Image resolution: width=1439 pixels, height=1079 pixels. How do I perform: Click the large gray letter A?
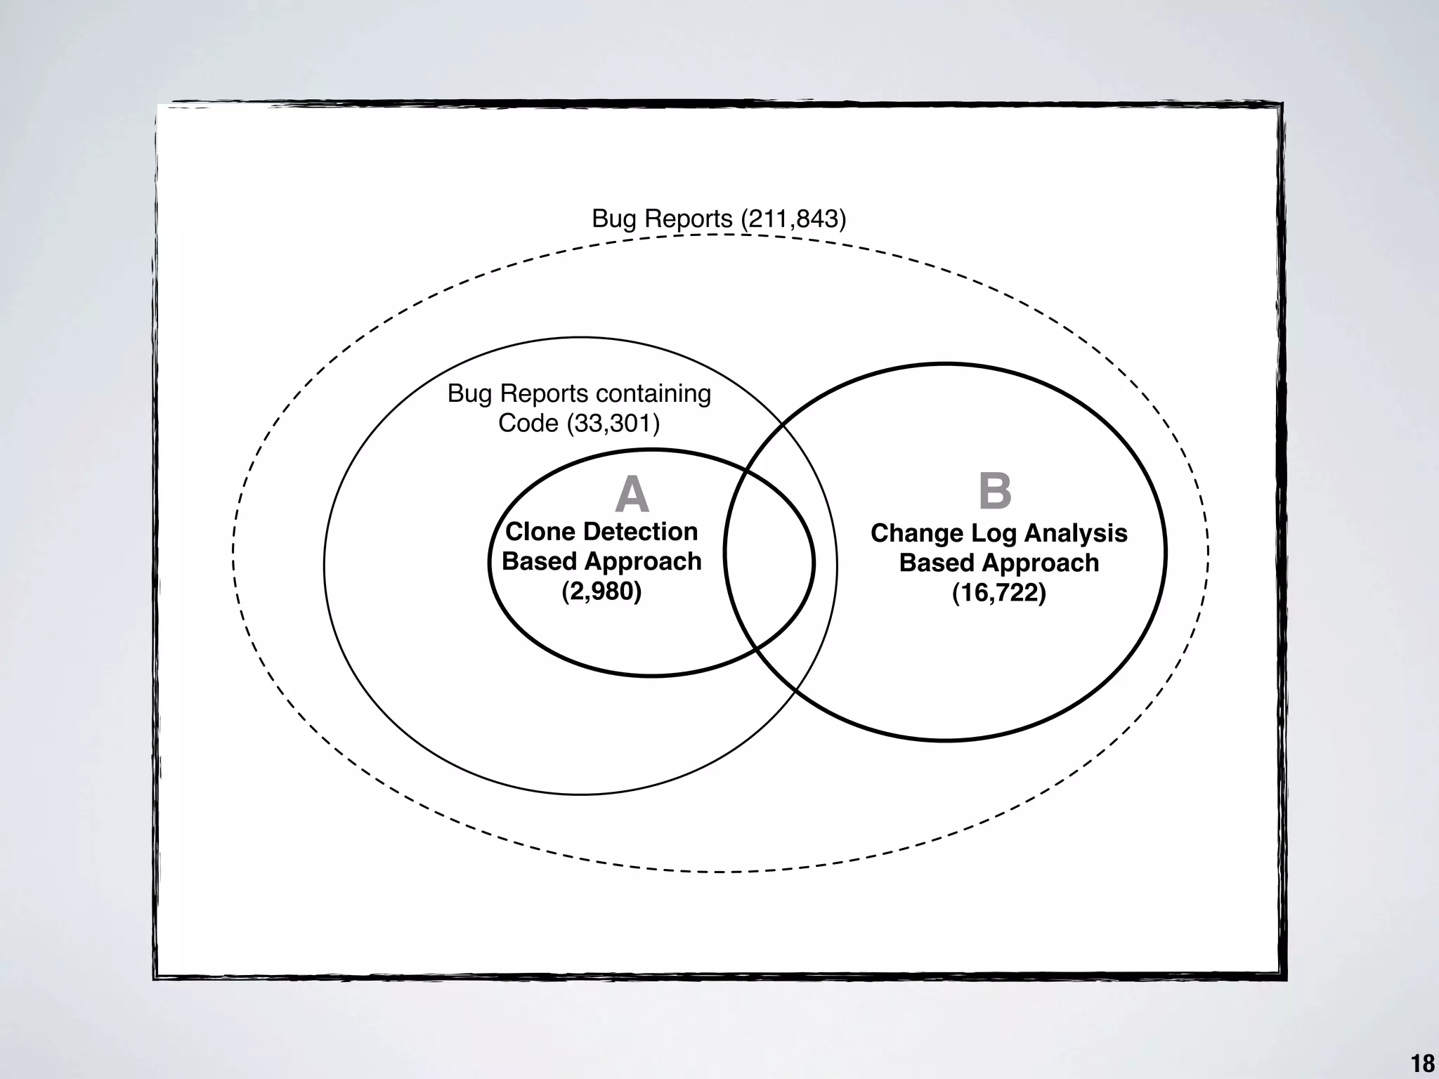coord(632,495)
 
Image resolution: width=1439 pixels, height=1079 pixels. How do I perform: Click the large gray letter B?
coord(995,491)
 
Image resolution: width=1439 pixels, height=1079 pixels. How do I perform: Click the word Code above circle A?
coord(528,424)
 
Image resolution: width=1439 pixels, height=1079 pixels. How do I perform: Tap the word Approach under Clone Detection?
coord(643,561)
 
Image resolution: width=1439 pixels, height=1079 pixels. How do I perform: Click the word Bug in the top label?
coord(613,219)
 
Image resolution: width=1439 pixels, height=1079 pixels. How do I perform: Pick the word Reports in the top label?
coord(688,219)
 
